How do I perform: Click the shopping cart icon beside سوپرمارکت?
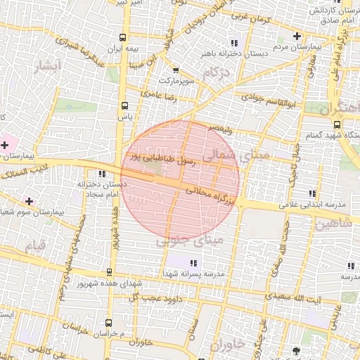coord(175,70)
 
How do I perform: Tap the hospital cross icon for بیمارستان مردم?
coord(297,36)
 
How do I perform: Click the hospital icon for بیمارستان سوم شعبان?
coord(29,201)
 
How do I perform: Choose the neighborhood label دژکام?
coord(217,72)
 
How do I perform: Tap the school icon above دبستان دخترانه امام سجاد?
coord(102,174)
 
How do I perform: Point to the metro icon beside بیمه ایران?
coord(124,37)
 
